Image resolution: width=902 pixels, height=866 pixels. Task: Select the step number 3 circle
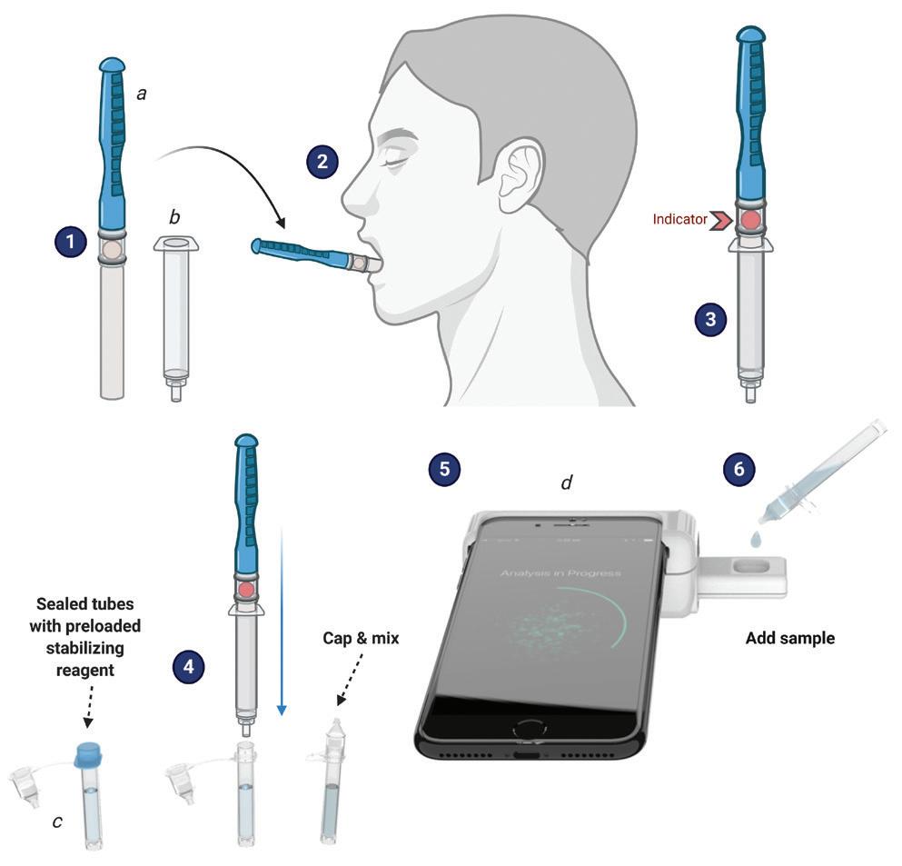click(710, 319)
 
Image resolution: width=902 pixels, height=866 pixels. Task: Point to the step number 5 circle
click(444, 469)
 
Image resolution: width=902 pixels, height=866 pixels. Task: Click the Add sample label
click(789, 638)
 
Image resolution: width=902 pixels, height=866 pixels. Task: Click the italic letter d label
click(566, 482)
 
